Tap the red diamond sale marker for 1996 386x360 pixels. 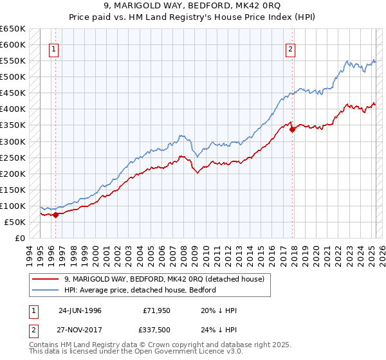click(x=55, y=215)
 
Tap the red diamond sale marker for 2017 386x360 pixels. click(x=293, y=129)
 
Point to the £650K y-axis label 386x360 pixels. click(x=13, y=29)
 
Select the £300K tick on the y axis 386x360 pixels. click(x=13, y=141)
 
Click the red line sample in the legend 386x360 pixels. click(x=46, y=280)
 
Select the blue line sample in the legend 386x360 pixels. click(x=46, y=291)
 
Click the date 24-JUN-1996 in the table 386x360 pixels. click(x=80, y=310)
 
